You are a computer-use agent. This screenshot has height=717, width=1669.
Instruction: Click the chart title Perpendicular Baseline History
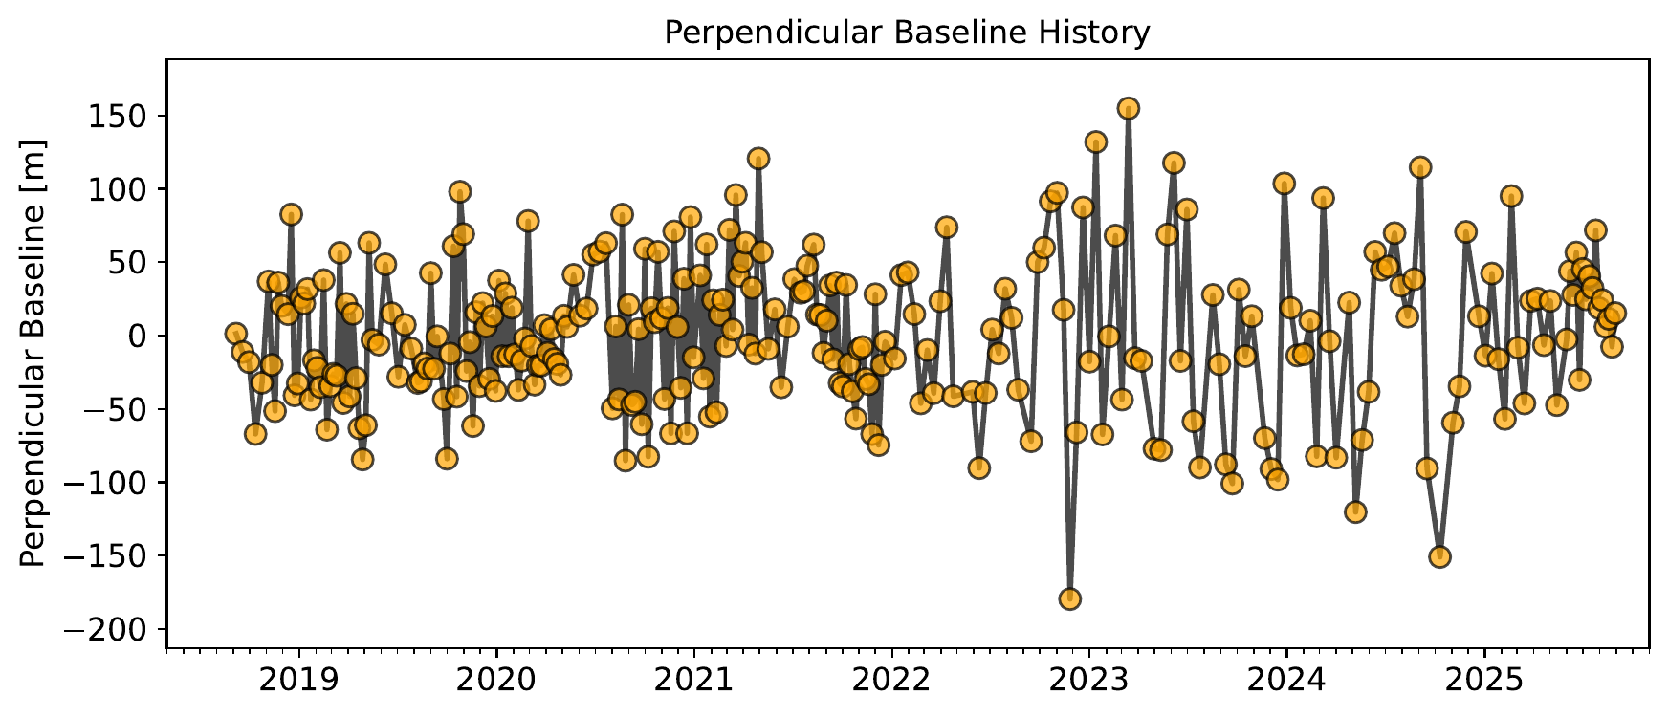click(907, 33)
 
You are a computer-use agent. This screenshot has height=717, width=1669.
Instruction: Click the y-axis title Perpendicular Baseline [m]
click(33, 354)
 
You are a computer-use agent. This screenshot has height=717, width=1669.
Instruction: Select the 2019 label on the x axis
click(298, 681)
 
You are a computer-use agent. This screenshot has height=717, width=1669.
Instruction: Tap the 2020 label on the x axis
click(496, 681)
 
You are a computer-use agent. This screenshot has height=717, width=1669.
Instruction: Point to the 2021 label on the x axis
click(693, 681)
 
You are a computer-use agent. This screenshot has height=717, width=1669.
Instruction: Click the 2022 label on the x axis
click(891, 681)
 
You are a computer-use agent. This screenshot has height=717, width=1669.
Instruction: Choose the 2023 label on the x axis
click(1088, 681)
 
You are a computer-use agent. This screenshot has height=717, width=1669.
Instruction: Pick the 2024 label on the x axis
click(1286, 681)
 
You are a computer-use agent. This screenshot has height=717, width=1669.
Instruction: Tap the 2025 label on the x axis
click(1484, 681)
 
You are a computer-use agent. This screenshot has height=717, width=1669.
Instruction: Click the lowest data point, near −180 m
click(1070, 599)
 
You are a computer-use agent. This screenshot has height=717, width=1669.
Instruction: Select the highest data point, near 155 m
click(1129, 109)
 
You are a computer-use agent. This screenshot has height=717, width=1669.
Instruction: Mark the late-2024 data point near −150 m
click(1439, 556)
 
